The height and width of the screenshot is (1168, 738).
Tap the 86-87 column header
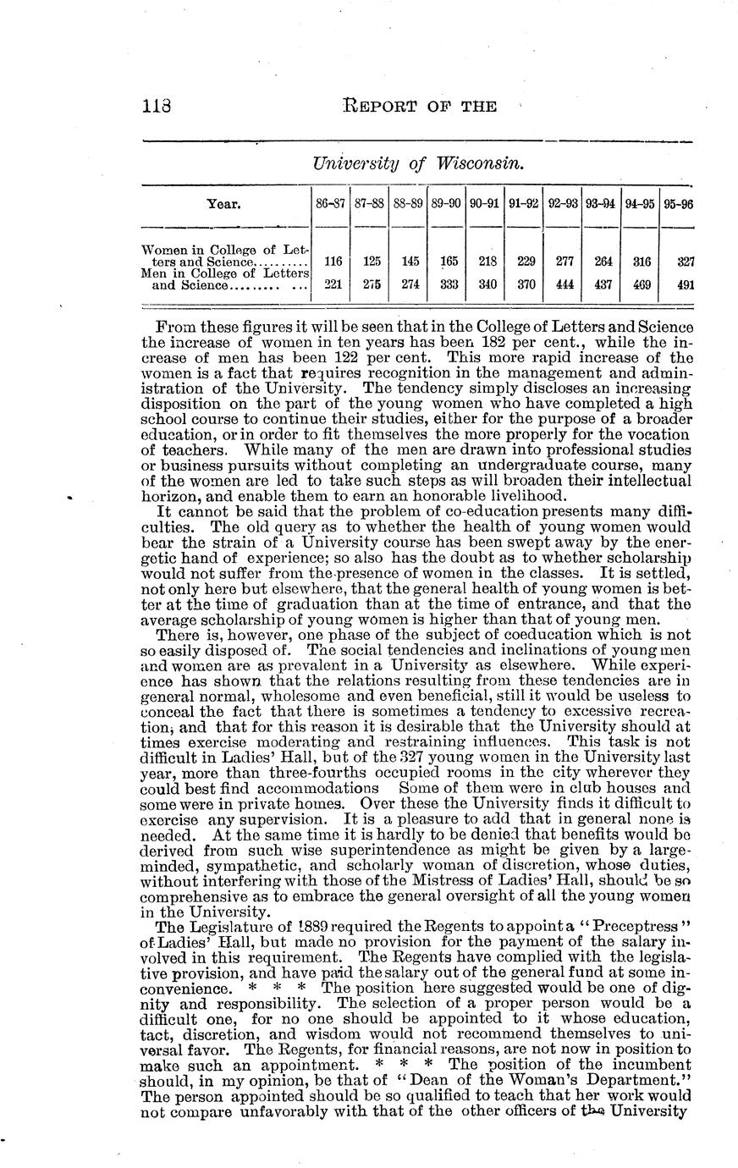(330, 204)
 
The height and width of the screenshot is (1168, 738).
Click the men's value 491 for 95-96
(686, 285)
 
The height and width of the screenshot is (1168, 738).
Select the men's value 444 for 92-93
(565, 285)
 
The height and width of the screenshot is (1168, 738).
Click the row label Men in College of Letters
(224, 274)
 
